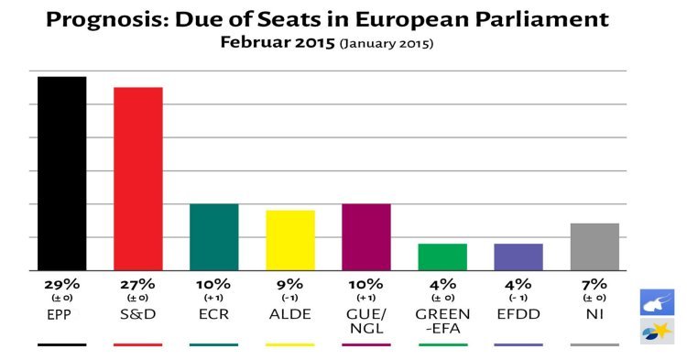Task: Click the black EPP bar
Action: (x=61, y=174)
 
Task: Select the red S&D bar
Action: (x=137, y=180)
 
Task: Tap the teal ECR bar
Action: (x=213, y=237)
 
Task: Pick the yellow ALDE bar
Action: (x=289, y=241)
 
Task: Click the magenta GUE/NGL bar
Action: (x=365, y=237)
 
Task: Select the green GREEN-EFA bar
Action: (x=442, y=257)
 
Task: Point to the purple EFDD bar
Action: (x=518, y=257)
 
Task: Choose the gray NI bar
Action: (x=594, y=247)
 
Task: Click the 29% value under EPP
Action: (x=61, y=283)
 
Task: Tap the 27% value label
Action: (x=137, y=283)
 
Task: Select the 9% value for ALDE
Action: (x=289, y=283)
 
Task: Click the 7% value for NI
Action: (x=594, y=283)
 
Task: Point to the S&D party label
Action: (x=137, y=313)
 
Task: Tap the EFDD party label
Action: (x=518, y=313)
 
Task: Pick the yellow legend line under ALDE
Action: (x=289, y=344)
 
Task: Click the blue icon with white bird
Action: (x=657, y=302)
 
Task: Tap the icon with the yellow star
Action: (x=657, y=331)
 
